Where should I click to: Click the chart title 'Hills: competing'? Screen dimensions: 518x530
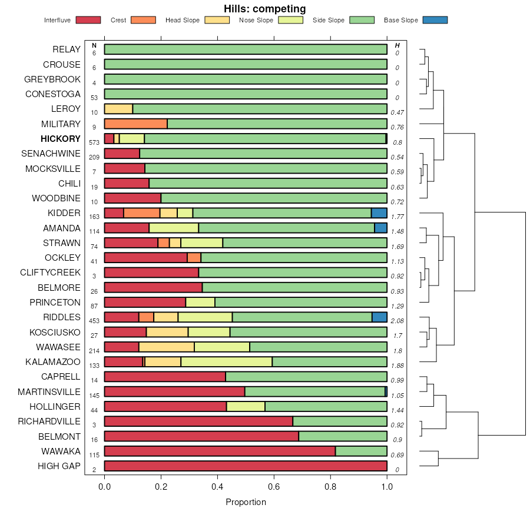click(x=264, y=9)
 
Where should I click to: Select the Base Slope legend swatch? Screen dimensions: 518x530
click(x=435, y=20)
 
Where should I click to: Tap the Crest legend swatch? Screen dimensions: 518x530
click(x=143, y=20)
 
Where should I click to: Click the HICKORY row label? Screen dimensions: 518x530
click(x=61, y=139)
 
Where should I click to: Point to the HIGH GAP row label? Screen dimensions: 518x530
click(x=59, y=466)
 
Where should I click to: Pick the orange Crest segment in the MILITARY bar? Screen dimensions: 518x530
click(x=136, y=124)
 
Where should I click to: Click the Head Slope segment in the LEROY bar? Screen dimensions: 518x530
click(x=118, y=109)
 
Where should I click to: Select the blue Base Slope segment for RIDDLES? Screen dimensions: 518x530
click(x=379, y=317)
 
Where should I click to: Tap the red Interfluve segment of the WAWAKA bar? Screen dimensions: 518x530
click(x=220, y=451)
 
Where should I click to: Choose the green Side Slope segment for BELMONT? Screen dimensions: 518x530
click(x=343, y=436)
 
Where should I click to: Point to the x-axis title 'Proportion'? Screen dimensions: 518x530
click(x=246, y=502)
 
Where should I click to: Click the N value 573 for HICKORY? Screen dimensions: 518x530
click(x=94, y=142)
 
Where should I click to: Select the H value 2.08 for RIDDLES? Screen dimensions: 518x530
click(x=397, y=321)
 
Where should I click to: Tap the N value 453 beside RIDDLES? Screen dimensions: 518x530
click(x=94, y=321)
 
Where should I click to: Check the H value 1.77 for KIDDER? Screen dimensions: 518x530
click(x=397, y=217)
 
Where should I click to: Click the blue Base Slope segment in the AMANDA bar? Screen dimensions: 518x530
click(x=380, y=228)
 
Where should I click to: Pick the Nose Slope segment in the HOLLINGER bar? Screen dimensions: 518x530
click(x=246, y=406)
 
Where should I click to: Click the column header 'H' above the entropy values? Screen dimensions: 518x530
click(x=397, y=45)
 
